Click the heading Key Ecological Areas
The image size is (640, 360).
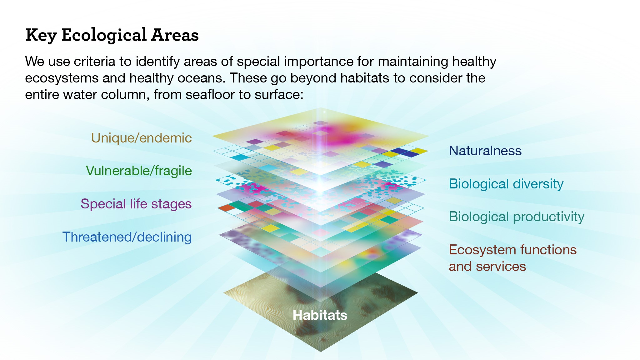pos(112,35)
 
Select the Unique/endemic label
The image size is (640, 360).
pos(141,138)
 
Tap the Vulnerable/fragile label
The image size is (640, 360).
pos(139,171)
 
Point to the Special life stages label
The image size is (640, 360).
pos(136,204)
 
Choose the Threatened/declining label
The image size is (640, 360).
pos(127,237)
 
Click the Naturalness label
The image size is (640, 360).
pos(485,151)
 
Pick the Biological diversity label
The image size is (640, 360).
pos(506,184)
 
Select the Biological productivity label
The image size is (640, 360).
pos(517,217)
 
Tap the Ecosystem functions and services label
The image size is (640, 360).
pos(513,258)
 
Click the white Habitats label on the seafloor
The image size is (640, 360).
pos(320,315)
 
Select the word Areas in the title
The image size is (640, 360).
pos(175,35)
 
